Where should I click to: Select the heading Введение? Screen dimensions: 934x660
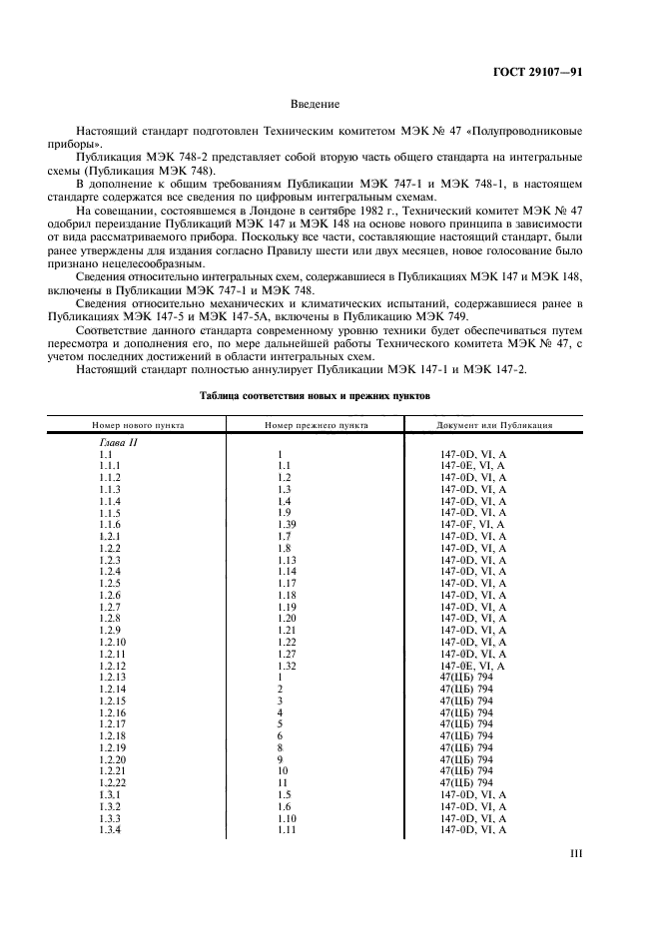click(x=316, y=104)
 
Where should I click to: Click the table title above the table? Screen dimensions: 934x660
click(x=315, y=396)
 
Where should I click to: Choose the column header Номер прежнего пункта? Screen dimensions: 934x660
click(x=317, y=425)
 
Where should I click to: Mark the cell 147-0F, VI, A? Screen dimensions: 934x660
click(x=472, y=524)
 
